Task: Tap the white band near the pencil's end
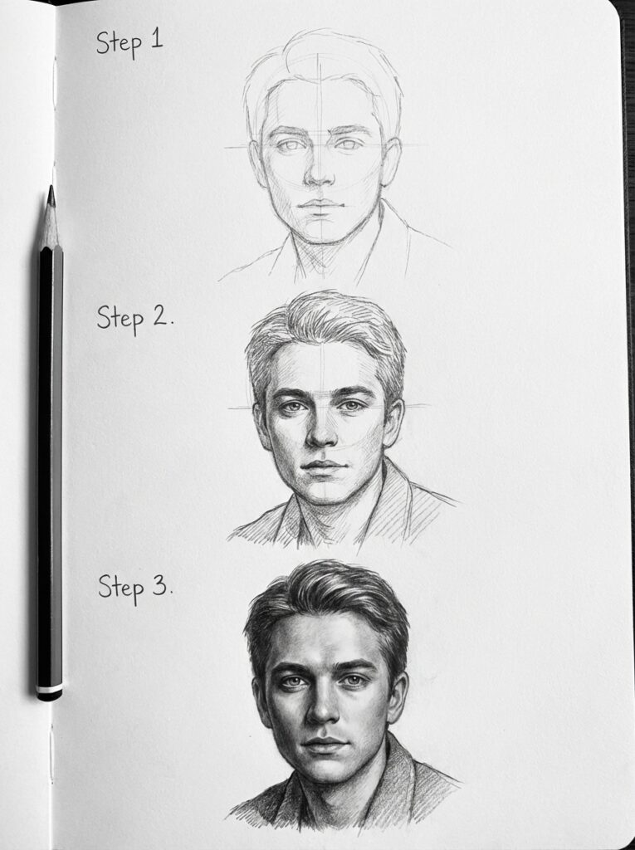point(49,688)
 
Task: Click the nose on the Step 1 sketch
point(319,175)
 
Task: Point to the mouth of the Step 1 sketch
point(320,204)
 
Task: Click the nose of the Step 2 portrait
point(322,437)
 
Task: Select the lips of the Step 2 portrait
point(324,467)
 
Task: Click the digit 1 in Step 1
point(156,40)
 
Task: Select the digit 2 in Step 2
point(159,316)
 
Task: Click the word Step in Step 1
point(116,42)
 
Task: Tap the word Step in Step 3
point(121,588)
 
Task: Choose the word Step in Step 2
point(120,319)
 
